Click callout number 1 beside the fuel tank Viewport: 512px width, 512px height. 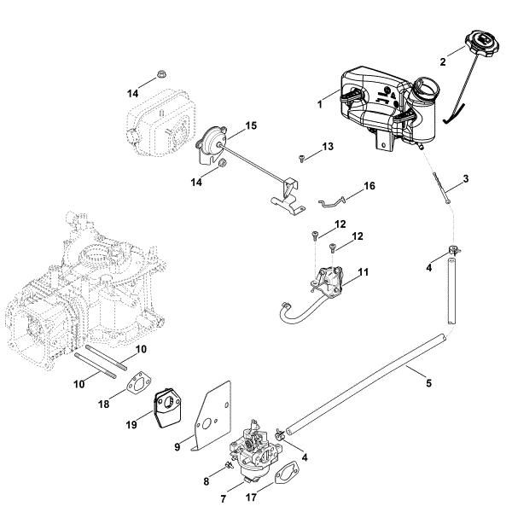(318, 104)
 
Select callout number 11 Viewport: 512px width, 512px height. (363, 272)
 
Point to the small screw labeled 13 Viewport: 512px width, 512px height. (302, 157)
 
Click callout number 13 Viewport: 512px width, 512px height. (328, 148)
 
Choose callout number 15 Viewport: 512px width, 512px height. (250, 125)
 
